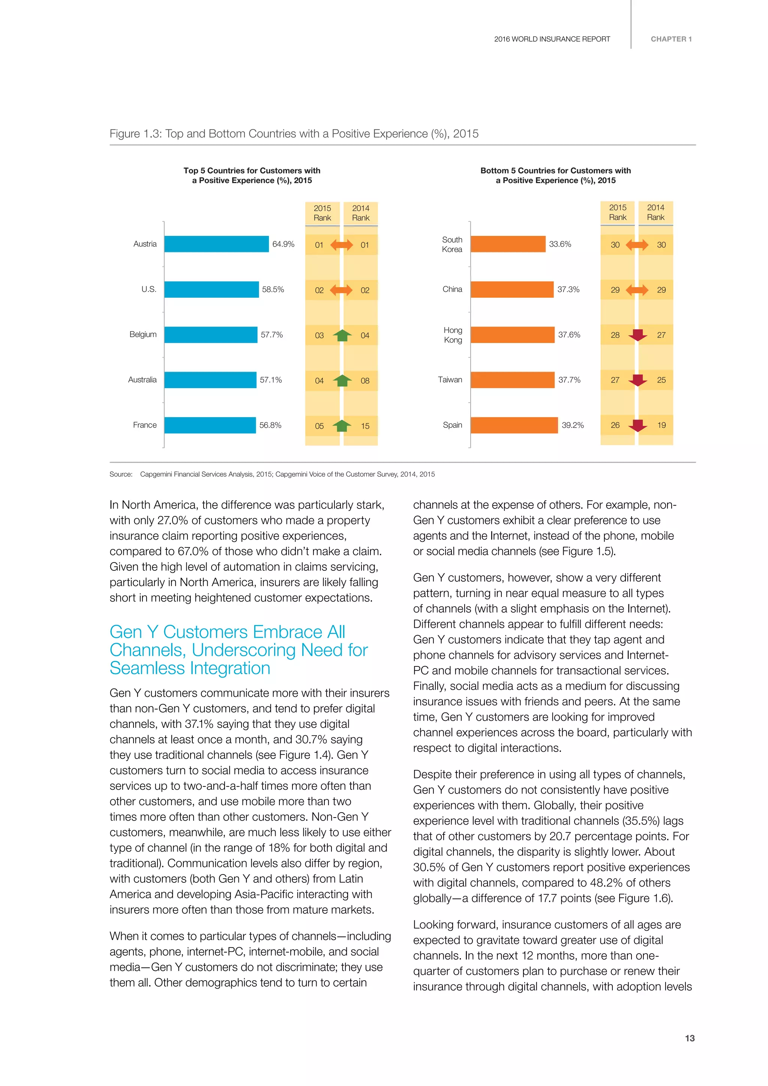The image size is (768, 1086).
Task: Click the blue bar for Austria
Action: pyautogui.click(x=216, y=244)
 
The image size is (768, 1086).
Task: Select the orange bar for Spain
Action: pyautogui.click(x=514, y=425)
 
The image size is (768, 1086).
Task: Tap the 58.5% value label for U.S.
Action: pyautogui.click(x=273, y=289)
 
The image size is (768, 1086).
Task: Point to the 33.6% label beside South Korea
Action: pyautogui.click(x=560, y=244)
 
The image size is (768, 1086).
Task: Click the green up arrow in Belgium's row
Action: pyautogui.click(x=342, y=335)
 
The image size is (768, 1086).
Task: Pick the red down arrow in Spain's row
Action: pyautogui.click(x=637, y=425)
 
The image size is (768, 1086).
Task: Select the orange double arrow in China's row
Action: pyautogui.click(x=637, y=290)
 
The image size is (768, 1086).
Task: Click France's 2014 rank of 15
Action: pyautogui.click(x=364, y=426)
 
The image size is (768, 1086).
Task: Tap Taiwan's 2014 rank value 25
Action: pyautogui.click(x=661, y=380)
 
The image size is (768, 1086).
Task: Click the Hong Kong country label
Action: pyautogui.click(x=453, y=335)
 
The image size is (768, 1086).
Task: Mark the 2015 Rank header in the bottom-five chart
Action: pyautogui.click(x=617, y=212)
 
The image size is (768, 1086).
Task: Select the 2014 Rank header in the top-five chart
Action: pyautogui.click(x=360, y=213)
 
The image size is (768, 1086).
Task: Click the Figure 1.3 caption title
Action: pyautogui.click(x=294, y=134)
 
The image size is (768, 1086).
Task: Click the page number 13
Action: pyautogui.click(x=690, y=1038)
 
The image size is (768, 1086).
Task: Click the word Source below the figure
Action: pyautogui.click(x=121, y=474)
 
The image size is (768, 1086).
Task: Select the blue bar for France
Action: pyautogui.click(x=210, y=425)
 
